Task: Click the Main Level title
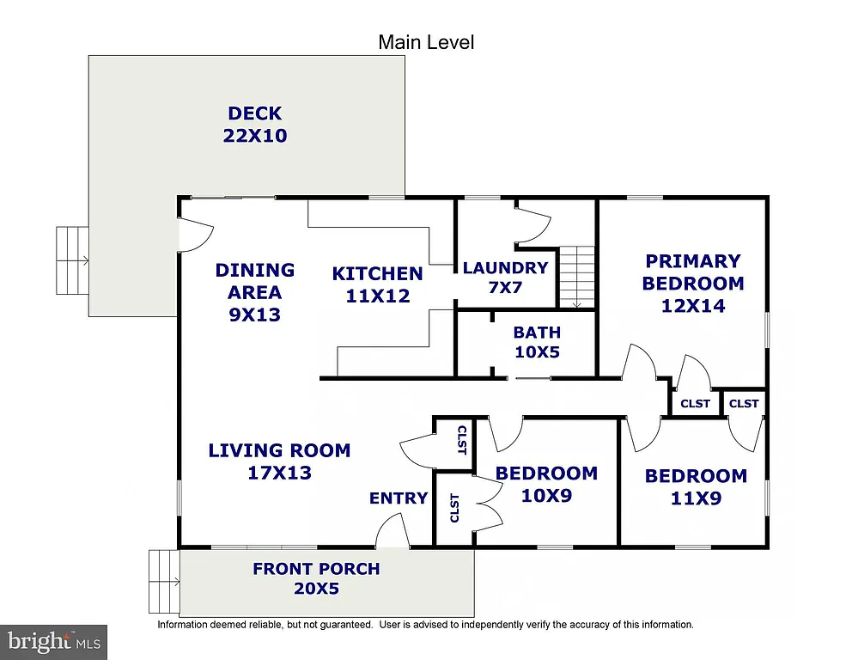point(426,42)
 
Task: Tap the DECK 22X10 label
point(255,125)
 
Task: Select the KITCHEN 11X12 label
point(377,284)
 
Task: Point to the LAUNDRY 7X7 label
point(505,278)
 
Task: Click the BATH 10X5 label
point(537,342)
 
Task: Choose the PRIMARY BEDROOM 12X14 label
point(692,283)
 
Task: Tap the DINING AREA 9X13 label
point(254,292)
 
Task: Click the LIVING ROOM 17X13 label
point(279,461)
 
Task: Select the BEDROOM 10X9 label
point(546,484)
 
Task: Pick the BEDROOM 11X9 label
point(696,486)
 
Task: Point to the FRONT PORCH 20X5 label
point(316,578)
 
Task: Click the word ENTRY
point(399,498)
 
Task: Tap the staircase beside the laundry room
point(577,276)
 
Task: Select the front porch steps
point(164,581)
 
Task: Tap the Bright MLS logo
point(53,641)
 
